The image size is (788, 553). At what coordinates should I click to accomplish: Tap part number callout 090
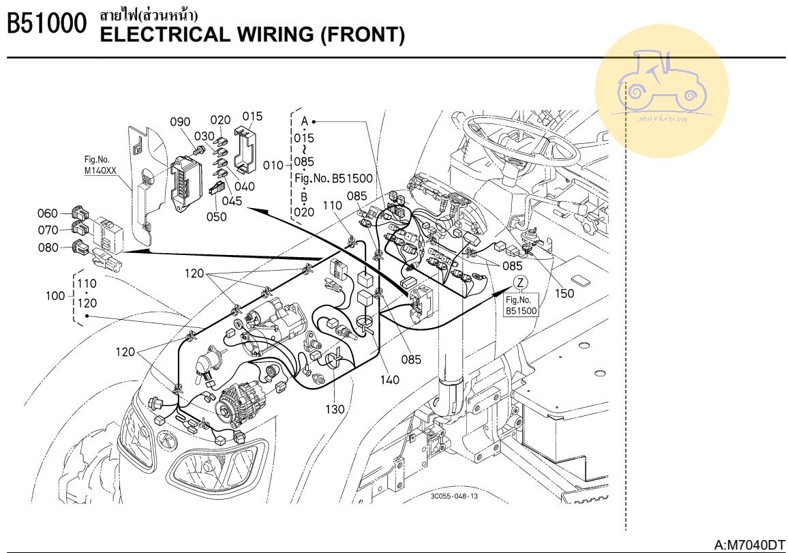181,122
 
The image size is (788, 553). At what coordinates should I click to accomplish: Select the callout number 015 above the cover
252,116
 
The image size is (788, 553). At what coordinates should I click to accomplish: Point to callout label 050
217,216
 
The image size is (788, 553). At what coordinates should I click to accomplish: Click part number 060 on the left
48,213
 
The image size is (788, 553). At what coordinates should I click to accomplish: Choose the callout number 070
48,230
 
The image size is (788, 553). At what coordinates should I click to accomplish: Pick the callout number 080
48,248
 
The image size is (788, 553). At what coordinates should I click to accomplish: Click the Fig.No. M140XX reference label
100,165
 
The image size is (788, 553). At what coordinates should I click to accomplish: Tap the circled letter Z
521,283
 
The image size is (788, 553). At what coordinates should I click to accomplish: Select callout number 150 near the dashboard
564,293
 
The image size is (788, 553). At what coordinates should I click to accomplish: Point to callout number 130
335,409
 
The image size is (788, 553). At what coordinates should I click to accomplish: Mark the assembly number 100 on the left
55,296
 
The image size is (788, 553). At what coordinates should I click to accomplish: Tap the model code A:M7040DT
749,545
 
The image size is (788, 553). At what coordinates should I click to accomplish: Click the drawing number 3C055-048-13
454,496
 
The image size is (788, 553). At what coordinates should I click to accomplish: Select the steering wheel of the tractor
518,143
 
